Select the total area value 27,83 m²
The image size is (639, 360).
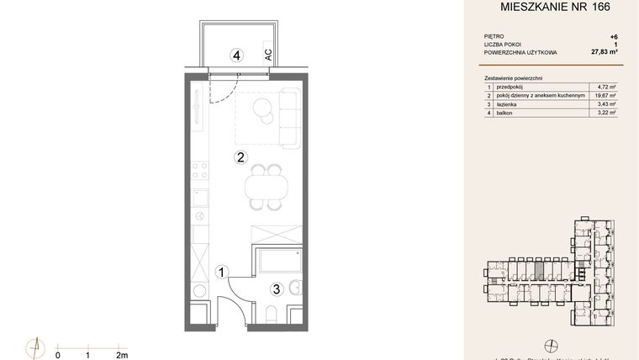(x=603, y=52)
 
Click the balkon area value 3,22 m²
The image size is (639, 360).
(x=606, y=112)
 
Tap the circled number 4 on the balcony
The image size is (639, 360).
(x=237, y=56)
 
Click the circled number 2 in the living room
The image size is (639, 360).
(x=240, y=156)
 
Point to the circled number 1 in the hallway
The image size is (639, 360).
(x=221, y=272)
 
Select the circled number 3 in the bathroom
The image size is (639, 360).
(x=275, y=289)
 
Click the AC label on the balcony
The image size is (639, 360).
(x=268, y=56)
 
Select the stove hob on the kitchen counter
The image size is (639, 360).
(x=199, y=172)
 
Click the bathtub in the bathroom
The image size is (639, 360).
(x=277, y=261)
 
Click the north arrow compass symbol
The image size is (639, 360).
(x=35, y=347)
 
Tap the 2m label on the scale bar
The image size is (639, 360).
(x=122, y=356)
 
